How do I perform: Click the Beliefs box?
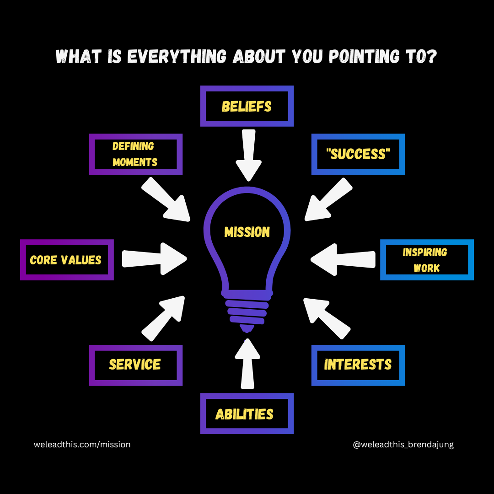247,106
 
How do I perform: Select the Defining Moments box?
135,154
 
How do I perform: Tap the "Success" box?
358,154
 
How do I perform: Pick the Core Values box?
67,260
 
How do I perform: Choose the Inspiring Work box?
426,260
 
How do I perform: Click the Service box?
135,365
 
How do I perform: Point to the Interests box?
358,365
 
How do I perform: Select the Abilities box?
247,414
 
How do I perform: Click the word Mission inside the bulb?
247,232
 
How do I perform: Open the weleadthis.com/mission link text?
82,444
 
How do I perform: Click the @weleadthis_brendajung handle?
403,444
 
